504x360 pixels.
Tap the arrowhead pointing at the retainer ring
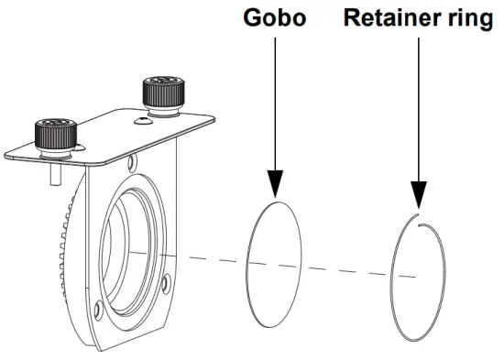pyautogui.click(x=418, y=194)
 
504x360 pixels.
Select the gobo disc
pyautogui.click(x=275, y=247)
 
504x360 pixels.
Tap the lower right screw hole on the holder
pyautogui.click(x=164, y=283)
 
